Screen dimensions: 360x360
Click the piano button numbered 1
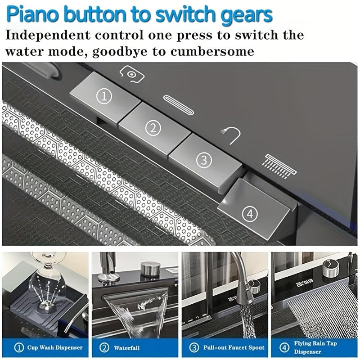[x=104, y=96]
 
